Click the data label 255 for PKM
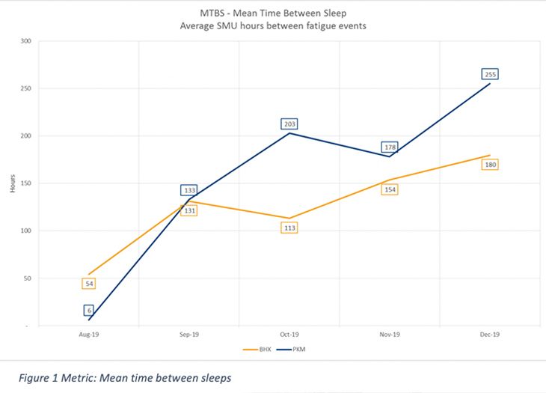coord(491,74)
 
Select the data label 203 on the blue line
coord(289,124)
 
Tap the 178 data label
coord(390,147)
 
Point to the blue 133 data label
coord(189,191)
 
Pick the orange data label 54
coord(89,284)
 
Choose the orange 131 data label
coord(189,210)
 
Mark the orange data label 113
coord(289,228)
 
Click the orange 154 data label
coord(390,189)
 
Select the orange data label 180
coord(491,165)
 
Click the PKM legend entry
coord(294,349)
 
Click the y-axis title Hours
coord(13,184)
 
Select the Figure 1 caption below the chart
coord(125,378)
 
